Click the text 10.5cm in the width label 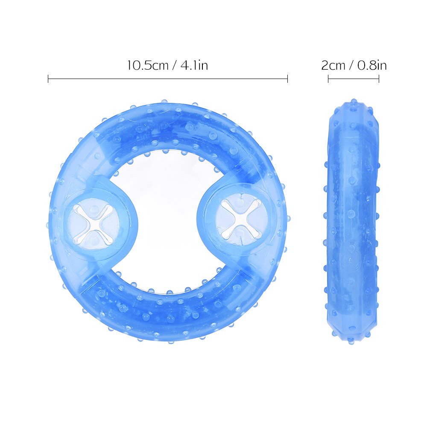[148, 65]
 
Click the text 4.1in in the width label [194, 65]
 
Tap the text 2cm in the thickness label [333, 65]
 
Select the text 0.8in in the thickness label [372, 65]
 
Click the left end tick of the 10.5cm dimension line [48, 79]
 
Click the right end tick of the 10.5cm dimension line [287, 79]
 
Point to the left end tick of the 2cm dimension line [328, 79]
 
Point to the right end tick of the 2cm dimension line [379, 79]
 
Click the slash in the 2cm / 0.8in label [351, 65]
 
